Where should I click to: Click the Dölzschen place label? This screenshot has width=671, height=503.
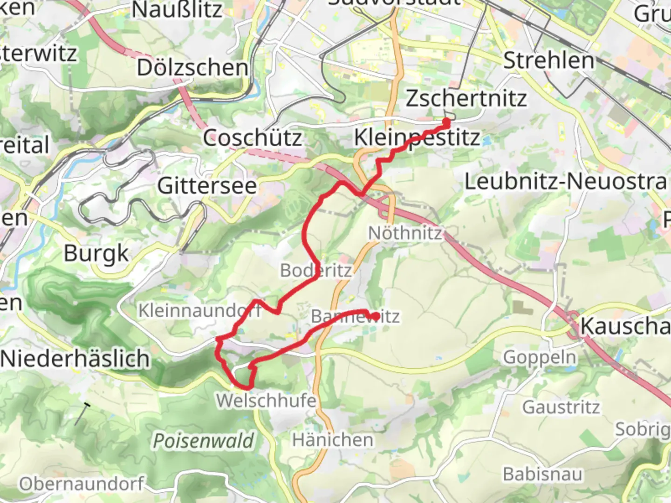[192, 68]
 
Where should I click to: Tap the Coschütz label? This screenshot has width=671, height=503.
[252, 138]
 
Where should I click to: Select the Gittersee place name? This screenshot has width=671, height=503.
[207, 186]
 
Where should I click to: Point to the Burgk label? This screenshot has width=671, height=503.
[96, 254]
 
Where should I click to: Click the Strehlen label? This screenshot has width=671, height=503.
[549, 61]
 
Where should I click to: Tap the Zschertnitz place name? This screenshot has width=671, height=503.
[466, 98]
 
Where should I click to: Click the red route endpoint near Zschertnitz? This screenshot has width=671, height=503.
[446, 122]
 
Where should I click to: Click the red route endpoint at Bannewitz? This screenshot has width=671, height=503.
[375, 316]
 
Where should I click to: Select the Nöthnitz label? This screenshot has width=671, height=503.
[404, 233]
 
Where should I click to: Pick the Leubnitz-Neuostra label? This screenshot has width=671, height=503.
[565, 181]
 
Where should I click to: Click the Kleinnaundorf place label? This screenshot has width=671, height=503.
[199, 311]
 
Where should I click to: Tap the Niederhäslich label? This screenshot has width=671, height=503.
[75, 359]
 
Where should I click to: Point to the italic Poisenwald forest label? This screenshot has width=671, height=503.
[204, 441]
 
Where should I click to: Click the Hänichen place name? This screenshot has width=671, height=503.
[332, 440]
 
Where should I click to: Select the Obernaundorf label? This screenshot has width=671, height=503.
[82, 484]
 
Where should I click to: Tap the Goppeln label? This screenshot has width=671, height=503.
[540, 358]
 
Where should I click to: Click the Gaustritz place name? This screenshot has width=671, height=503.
[561, 407]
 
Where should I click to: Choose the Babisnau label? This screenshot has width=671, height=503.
[542, 474]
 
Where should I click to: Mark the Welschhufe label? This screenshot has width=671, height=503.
[266, 400]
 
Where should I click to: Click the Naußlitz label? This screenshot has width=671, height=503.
[177, 10]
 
